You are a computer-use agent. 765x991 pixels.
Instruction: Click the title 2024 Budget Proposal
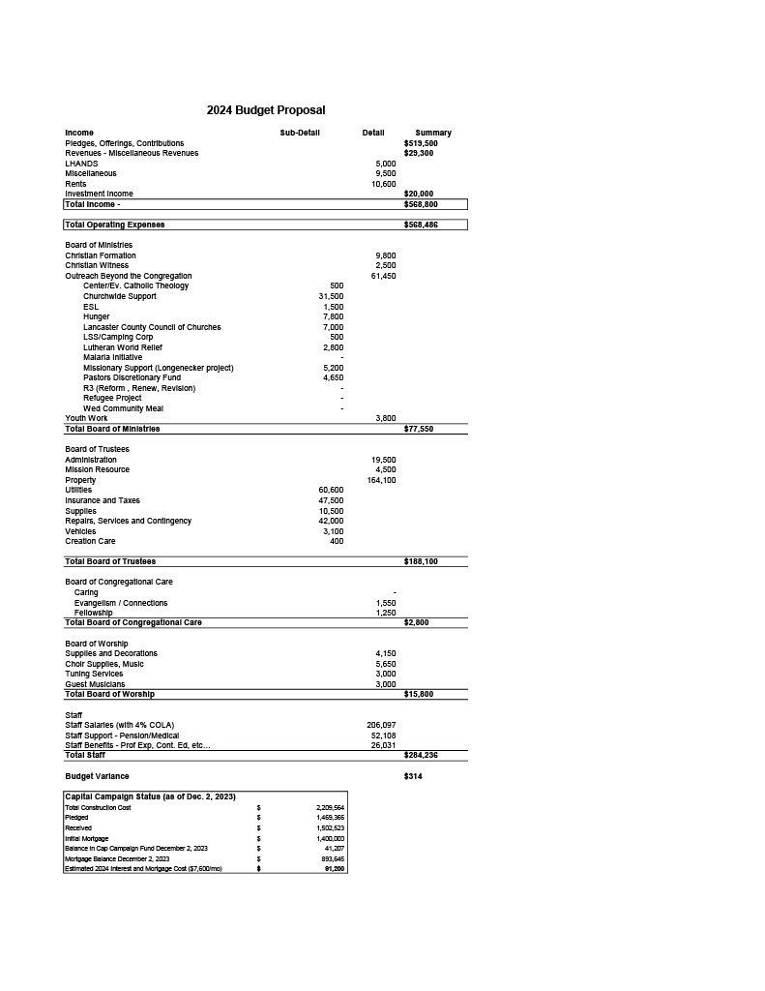click(266, 110)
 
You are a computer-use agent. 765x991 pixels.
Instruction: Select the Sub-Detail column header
click(300, 133)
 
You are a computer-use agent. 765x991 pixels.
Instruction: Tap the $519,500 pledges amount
click(421, 143)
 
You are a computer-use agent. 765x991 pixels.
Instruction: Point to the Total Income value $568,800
click(421, 204)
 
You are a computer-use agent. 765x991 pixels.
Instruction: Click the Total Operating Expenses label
click(115, 225)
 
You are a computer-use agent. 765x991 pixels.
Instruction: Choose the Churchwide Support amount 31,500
click(331, 296)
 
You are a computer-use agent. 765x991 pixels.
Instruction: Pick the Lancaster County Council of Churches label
click(152, 327)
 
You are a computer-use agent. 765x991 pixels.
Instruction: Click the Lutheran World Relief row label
click(123, 347)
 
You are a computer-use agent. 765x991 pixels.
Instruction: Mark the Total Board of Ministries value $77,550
click(419, 429)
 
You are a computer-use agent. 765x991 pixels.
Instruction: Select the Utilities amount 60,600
click(331, 490)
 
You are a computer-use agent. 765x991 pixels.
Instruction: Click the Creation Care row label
click(90, 541)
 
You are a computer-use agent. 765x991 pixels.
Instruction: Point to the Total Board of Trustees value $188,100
click(421, 561)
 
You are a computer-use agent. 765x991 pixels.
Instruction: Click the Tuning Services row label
click(94, 674)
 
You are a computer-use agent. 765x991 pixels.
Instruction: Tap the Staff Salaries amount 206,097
click(381, 725)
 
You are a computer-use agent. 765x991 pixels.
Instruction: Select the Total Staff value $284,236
click(421, 755)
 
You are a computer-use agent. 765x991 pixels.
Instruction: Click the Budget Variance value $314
click(413, 776)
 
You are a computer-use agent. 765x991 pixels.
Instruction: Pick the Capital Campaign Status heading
click(150, 796)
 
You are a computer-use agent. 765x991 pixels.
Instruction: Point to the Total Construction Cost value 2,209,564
click(330, 807)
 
